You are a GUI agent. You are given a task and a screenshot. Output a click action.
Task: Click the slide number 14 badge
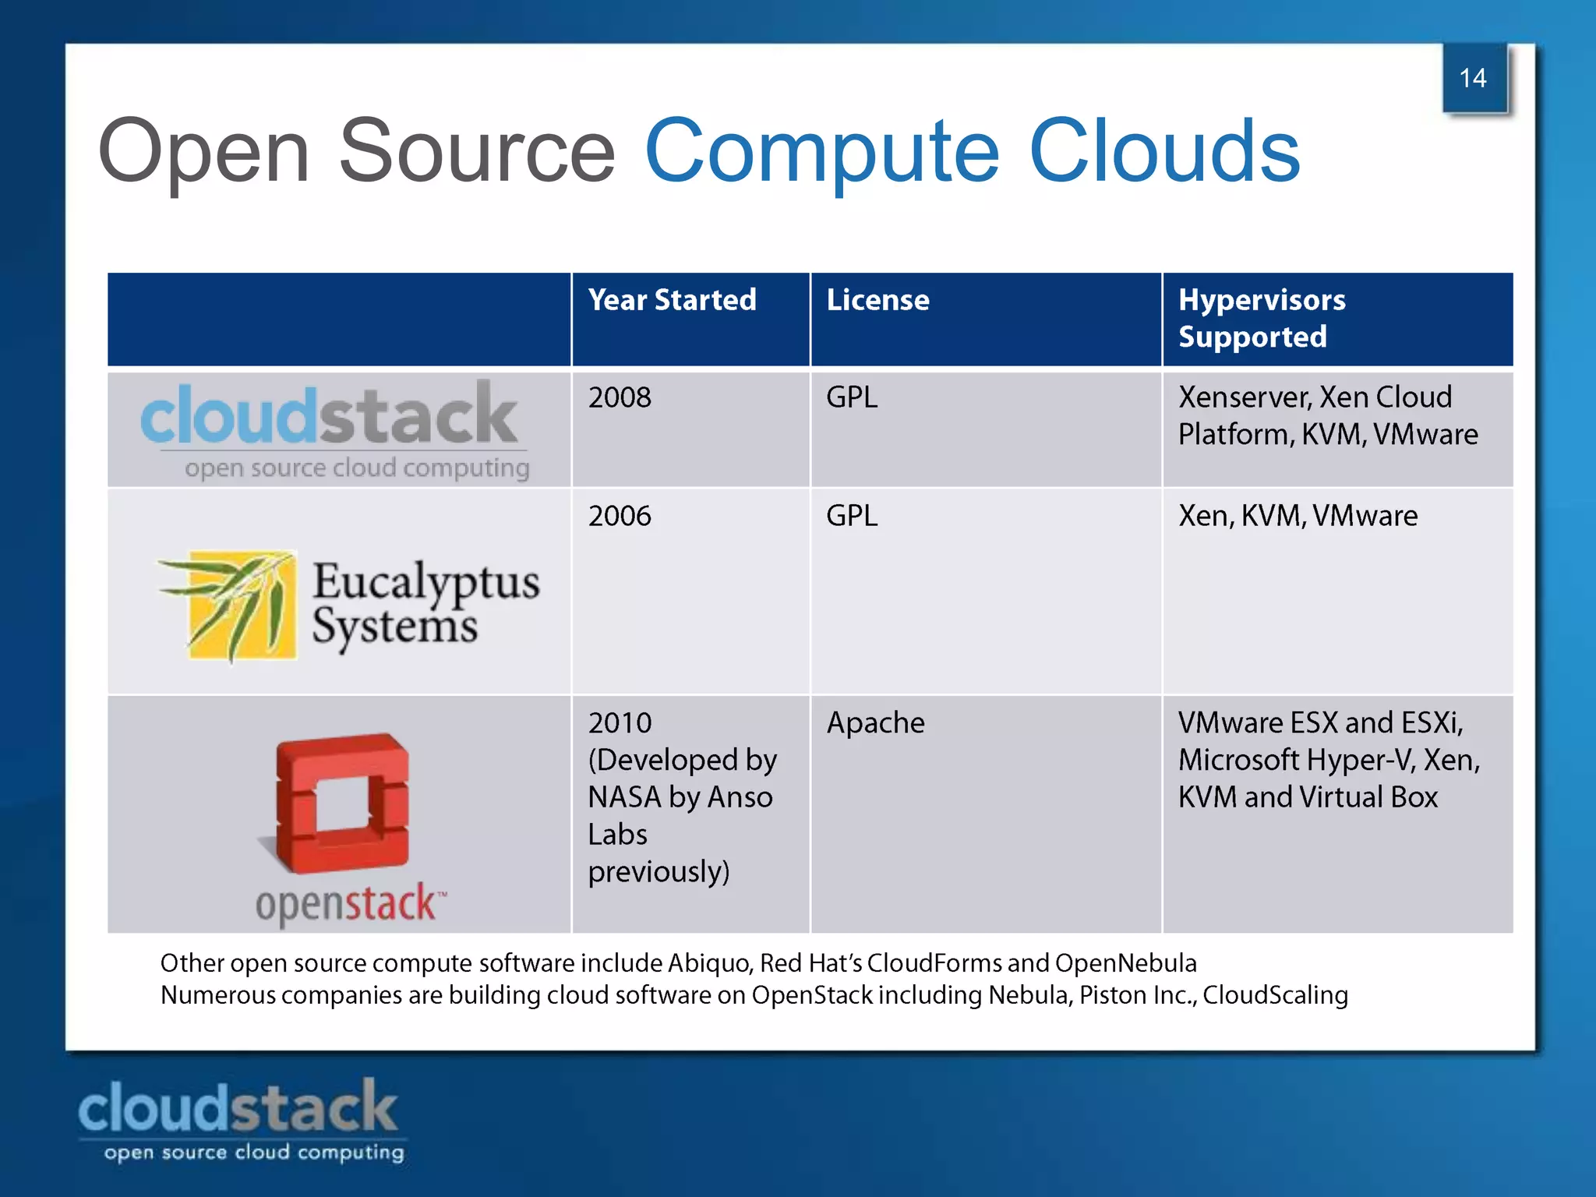pos(1474,78)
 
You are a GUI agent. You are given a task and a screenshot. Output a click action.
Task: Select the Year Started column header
pos(672,300)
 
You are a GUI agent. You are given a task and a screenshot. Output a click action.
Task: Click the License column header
pos(877,300)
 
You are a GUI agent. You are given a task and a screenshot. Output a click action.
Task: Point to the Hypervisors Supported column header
pos(1261,318)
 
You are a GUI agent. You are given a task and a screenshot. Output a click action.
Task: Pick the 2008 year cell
pos(620,397)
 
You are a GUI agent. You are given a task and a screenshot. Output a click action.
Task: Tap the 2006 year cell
pos(620,516)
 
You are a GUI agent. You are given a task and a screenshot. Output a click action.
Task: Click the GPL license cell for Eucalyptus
pos(852,516)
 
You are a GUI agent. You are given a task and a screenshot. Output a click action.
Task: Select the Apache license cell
pos(875,723)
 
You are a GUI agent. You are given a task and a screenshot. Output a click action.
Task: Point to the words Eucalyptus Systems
pos(425,604)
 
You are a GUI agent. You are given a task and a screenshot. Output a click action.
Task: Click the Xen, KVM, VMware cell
pos(1298,516)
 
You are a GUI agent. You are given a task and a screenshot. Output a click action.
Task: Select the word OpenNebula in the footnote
pos(1125,963)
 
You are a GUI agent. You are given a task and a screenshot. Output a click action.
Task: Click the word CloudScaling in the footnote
pos(1275,995)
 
